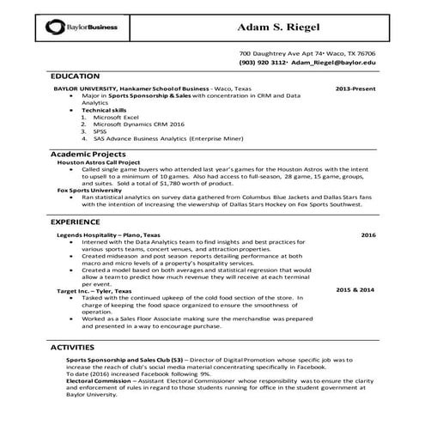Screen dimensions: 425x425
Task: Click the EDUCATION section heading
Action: [75, 76]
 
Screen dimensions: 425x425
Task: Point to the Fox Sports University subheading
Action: [87, 189]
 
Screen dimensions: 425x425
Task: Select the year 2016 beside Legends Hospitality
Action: [367, 234]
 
